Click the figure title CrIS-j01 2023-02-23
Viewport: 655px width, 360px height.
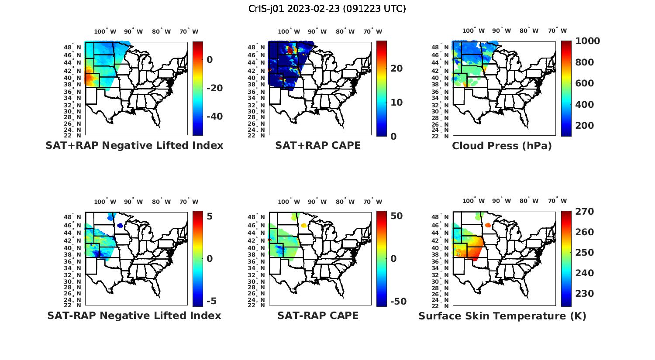pos(327,9)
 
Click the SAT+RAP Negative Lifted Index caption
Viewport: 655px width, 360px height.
pos(134,145)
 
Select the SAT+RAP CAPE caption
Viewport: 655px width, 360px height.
pos(318,145)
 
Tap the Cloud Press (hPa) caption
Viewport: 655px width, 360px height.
pos(502,146)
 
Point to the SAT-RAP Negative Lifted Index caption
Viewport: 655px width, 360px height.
pos(134,315)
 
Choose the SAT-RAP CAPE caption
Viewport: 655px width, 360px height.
pos(318,315)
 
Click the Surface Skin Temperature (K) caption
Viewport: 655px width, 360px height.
pos(502,316)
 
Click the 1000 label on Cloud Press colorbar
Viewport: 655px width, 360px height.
pos(587,41)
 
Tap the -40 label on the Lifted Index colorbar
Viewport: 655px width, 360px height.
pos(214,117)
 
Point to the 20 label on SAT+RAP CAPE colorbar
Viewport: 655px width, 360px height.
pos(396,69)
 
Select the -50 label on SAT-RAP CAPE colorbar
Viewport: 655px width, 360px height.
pos(398,302)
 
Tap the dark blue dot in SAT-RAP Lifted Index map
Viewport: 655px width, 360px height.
pos(120,225)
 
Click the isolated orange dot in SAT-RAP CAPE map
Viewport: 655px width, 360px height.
pos(303,225)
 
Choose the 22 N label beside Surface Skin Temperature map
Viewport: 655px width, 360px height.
pos(445,305)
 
